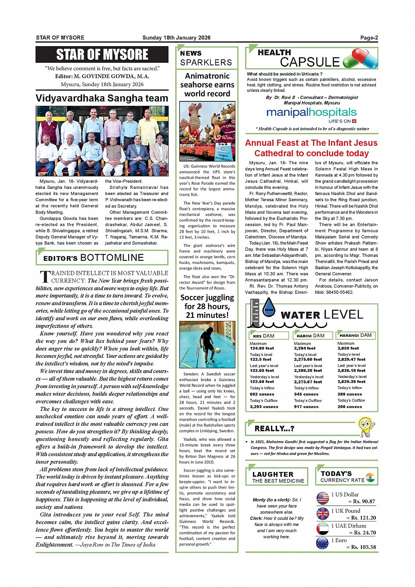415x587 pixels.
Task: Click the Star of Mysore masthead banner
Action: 102,54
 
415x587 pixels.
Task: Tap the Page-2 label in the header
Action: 369,38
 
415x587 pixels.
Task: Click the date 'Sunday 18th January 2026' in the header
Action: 176,38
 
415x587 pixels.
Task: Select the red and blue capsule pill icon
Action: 360,59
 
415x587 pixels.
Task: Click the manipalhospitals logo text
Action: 311,112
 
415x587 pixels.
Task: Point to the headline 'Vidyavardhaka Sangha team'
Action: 102,98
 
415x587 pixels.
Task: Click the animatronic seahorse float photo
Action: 207,132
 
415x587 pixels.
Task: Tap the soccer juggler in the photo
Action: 206,344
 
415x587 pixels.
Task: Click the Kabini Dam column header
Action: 310,335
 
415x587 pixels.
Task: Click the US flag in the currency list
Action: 323,498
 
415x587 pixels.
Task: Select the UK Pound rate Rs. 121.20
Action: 363,518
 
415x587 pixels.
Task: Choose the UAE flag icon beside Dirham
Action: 323,528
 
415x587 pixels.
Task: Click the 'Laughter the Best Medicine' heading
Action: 278,477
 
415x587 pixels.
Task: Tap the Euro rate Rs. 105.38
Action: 363,547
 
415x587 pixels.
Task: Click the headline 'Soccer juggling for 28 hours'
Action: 207,306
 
